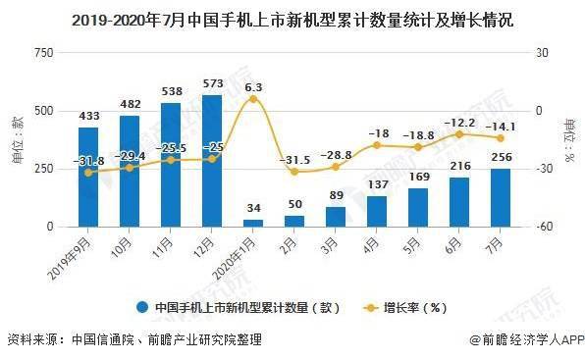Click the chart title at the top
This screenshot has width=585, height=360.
click(x=292, y=18)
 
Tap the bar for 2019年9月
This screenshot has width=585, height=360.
click(x=88, y=177)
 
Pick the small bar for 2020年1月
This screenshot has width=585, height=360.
click(x=253, y=223)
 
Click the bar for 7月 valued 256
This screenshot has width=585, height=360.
click(x=501, y=197)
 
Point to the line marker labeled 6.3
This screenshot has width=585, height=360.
click(x=253, y=99)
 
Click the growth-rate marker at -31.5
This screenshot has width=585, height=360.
click(x=294, y=172)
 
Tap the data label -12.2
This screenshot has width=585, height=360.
click(x=459, y=123)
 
